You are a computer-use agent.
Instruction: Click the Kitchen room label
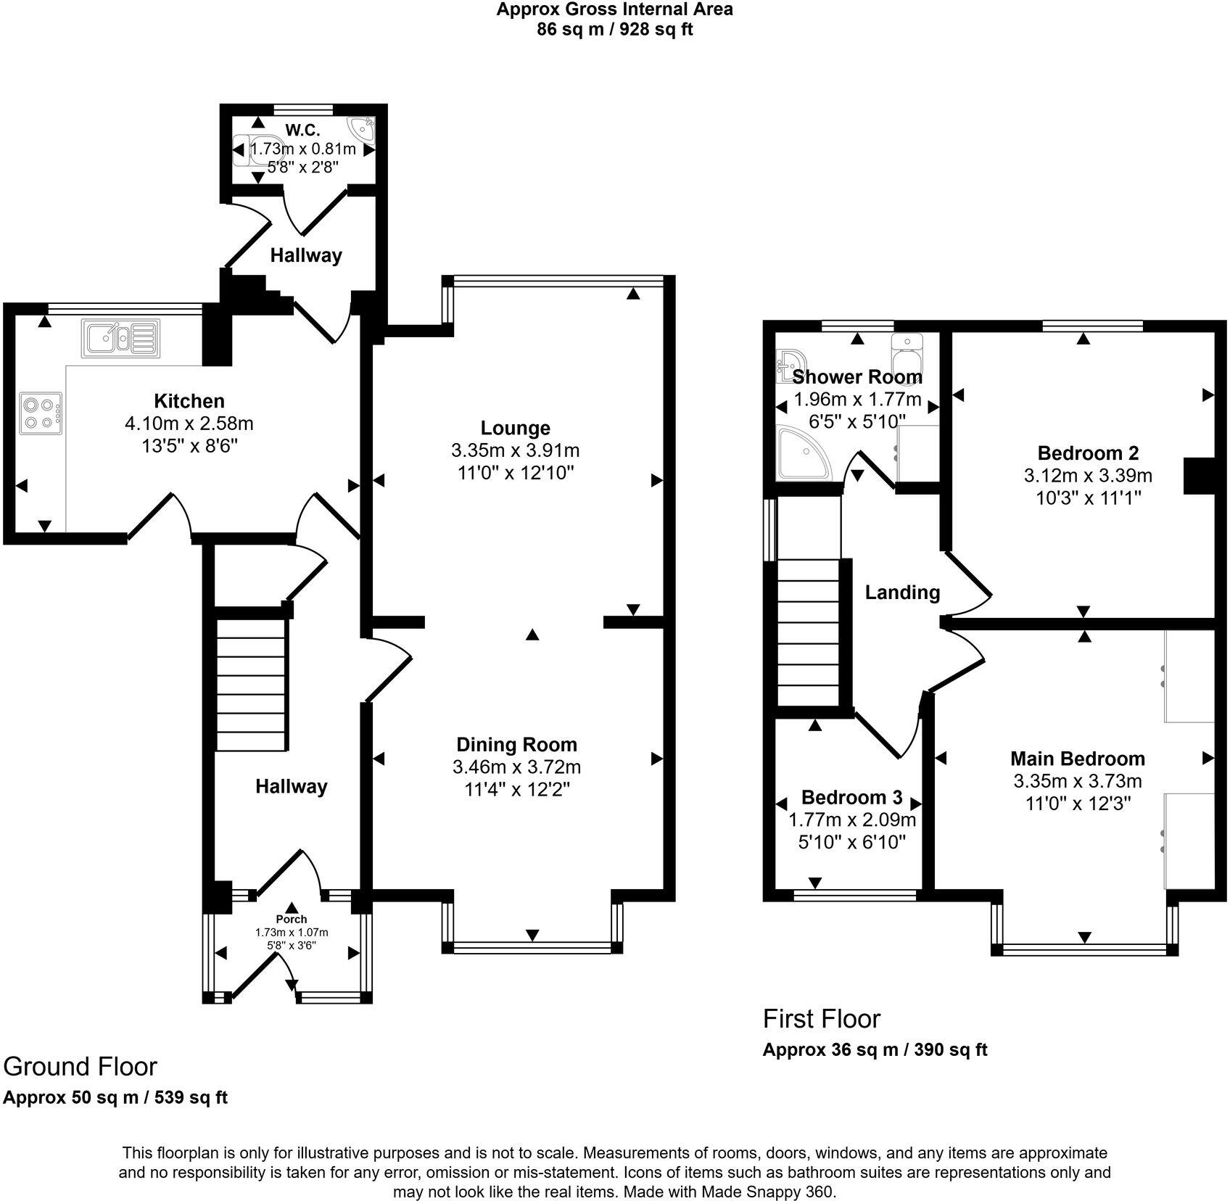pos(189,401)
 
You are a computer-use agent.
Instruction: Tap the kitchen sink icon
pos(120,339)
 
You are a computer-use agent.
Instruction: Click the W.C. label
pos(302,131)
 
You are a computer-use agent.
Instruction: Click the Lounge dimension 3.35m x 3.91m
pos(515,450)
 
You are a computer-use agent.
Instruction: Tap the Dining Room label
pos(516,744)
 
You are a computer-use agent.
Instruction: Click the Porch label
pos(292,919)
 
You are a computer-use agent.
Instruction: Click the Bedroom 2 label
pos(1088,453)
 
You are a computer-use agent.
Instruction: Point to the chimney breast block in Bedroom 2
pos(1199,476)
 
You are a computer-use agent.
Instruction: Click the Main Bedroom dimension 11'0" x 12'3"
pos(1078,804)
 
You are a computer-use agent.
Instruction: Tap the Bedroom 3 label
pos(851,798)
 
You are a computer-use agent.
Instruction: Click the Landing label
pos(902,593)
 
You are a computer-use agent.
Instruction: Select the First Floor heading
pos(821,1019)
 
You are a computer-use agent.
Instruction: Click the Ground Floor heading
pos(80,1067)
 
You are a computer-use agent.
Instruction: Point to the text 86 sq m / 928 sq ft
pos(614,30)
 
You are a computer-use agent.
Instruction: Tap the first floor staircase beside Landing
pos(808,631)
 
